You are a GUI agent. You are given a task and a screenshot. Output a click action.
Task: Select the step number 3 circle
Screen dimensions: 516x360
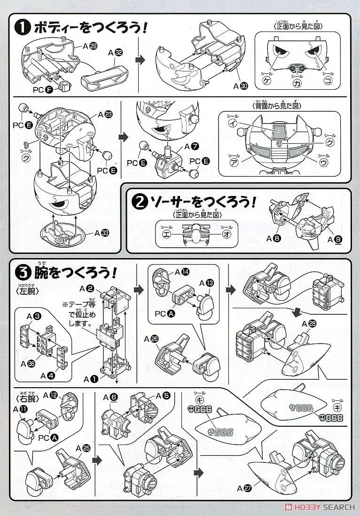pos(23,273)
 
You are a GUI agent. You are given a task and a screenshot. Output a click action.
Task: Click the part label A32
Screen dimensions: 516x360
pos(116,54)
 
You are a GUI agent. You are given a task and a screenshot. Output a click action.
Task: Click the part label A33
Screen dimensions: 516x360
pos(102,232)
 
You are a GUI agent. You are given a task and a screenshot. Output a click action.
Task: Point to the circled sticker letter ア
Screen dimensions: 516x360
pos(233,162)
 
